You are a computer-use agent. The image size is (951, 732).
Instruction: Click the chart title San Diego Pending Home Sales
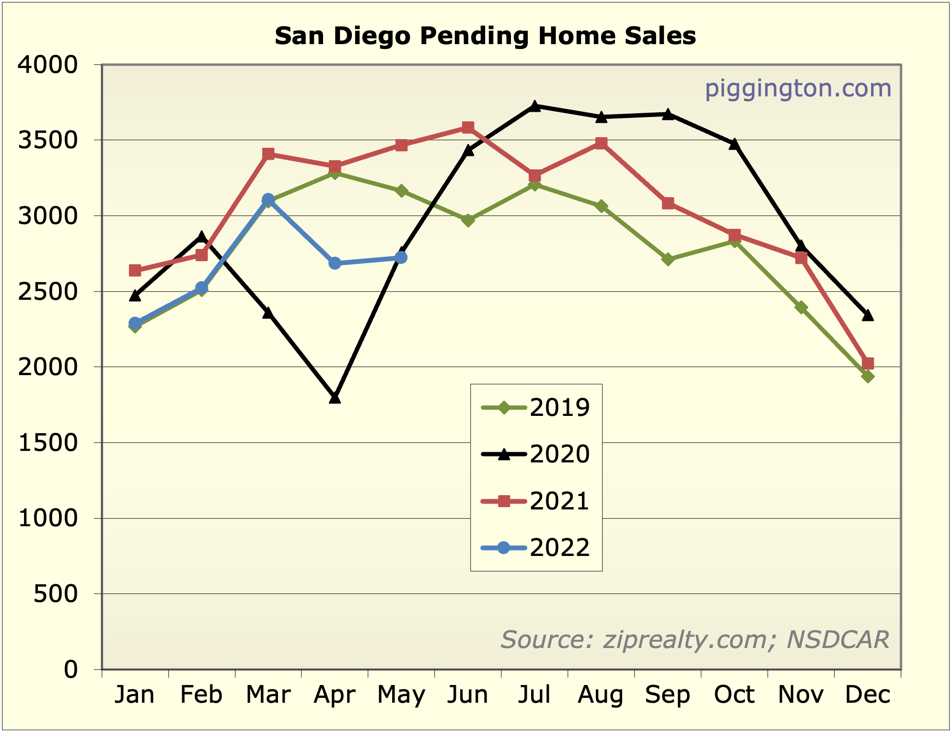[485, 36]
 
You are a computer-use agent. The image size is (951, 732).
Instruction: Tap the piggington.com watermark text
[798, 89]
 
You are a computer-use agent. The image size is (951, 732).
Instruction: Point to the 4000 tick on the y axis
[47, 65]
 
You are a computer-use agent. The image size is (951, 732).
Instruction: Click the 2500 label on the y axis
[47, 292]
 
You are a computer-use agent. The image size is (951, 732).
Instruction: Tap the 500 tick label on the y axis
[56, 594]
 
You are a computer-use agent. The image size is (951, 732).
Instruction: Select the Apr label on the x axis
[335, 695]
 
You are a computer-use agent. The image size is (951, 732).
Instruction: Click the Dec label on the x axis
[868, 695]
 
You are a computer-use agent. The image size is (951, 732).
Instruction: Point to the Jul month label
[534, 695]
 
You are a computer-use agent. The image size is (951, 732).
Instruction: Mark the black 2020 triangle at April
[335, 398]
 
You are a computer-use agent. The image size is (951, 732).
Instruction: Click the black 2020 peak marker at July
[535, 106]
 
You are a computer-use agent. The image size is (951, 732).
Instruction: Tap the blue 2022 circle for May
[402, 258]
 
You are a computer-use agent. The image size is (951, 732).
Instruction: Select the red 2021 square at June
[468, 127]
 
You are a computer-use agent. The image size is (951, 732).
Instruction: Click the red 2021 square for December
[868, 363]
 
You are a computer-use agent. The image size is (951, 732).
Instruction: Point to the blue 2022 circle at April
[335, 263]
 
